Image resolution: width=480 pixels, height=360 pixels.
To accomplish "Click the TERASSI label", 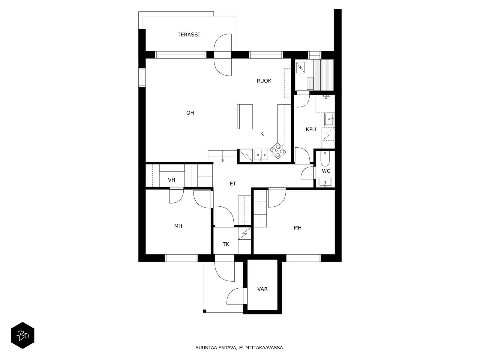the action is coord(188,34).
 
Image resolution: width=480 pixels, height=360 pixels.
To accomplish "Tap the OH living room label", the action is coord(190,113).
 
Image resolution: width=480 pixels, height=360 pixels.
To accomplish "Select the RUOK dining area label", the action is coord(264,81).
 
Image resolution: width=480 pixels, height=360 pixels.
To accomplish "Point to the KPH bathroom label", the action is coord(311,129).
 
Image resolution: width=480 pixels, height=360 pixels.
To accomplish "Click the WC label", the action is coord(326,171).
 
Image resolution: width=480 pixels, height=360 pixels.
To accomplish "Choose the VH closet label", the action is coord(171,180).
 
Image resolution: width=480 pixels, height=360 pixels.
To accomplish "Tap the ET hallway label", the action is coord(233,184).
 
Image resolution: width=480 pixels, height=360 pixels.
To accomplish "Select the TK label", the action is coord(226,244).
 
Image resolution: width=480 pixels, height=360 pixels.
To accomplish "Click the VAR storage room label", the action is coord(262,289).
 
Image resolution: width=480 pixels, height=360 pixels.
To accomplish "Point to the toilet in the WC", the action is coord(325,159).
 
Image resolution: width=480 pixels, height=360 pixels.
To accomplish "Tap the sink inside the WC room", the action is coord(325,182).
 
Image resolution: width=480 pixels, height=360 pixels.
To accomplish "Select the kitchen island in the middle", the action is coord(245,117).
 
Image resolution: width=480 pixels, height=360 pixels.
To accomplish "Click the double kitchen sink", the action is coord(261,155).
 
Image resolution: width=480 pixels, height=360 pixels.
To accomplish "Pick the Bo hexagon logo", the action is coord(22,335).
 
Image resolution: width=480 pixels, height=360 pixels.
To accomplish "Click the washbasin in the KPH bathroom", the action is coord(329,119).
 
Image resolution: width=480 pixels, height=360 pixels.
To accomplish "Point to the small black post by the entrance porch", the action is coord(205,311).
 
